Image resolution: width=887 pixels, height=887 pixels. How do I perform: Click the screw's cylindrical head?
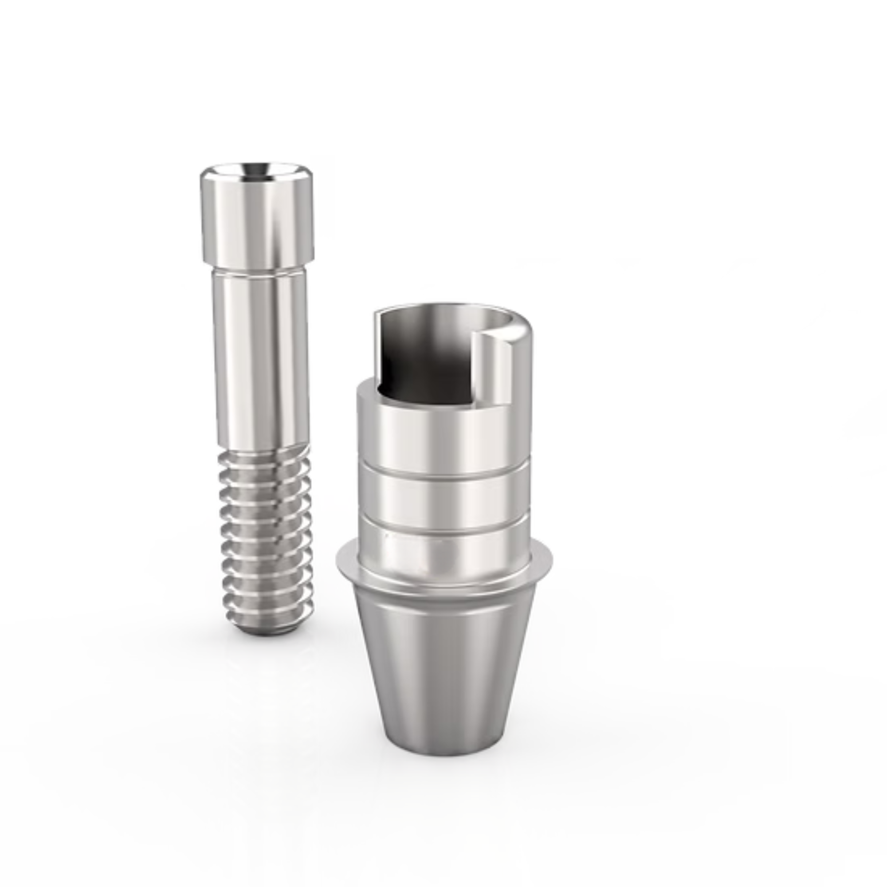click(x=257, y=220)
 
